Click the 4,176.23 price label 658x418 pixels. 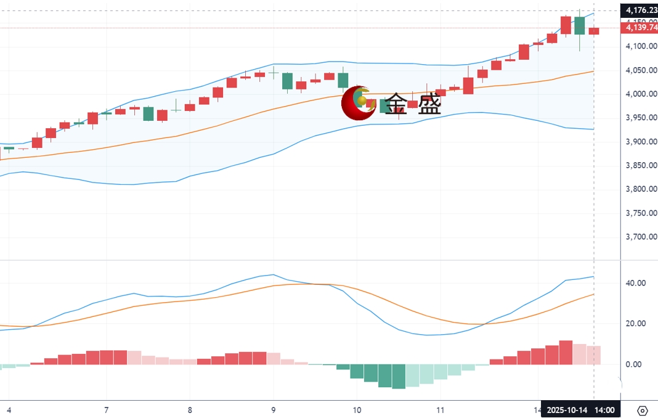pos(640,10)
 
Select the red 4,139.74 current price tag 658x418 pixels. pos(640,28)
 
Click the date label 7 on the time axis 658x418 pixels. pos(107,409)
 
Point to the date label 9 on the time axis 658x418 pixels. pos(273,409)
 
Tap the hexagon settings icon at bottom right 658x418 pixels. pos(643,411)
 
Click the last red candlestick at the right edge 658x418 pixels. pos(594,31)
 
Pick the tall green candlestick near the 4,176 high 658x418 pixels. pos(579,25)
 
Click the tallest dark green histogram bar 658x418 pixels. pos(399,376)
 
